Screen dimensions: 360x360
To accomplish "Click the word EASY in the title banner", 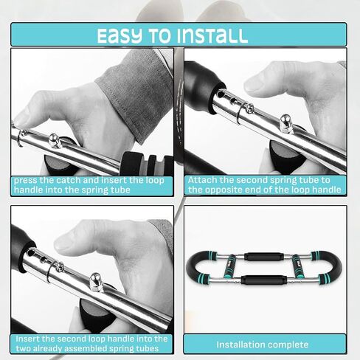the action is coord(120,36).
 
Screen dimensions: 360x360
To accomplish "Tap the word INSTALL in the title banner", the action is coord(212,36).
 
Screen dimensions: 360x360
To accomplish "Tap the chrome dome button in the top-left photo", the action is coord(55,140).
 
